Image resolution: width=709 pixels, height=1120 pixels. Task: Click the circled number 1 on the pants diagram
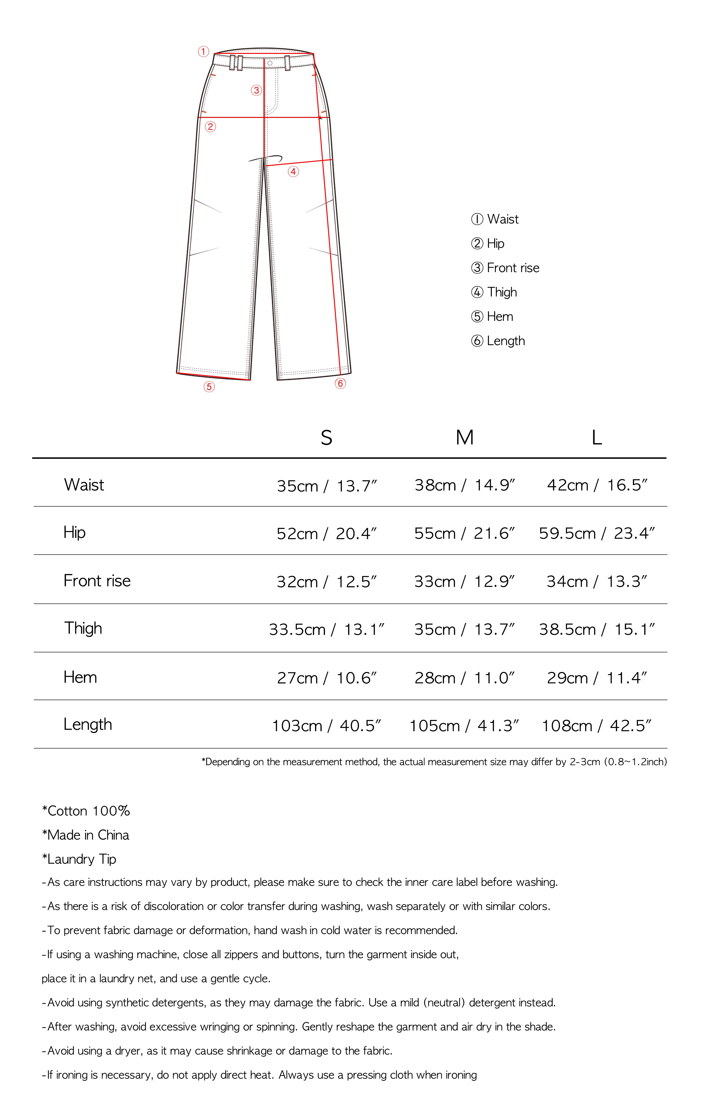(x=203, y=52)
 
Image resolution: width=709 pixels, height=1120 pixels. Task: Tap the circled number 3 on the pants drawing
(x=256, y=90)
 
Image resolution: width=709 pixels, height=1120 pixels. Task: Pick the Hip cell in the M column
(x=464, y=533)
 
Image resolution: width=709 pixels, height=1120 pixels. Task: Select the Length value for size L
(x=597, y=725)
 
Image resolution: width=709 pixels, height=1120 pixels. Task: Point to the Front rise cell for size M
(x=464, y=581)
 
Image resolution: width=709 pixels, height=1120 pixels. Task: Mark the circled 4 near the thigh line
(x=293, y=172)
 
